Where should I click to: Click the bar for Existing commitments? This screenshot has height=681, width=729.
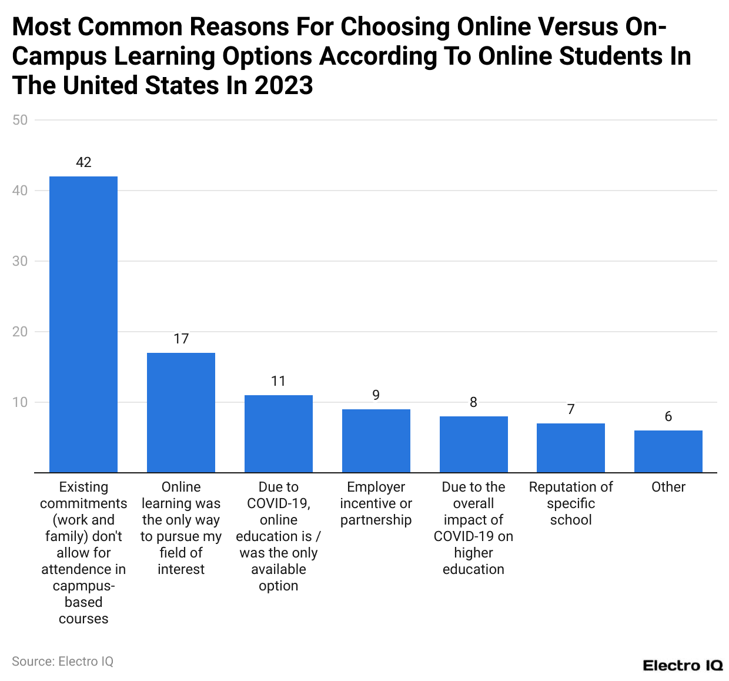point(83,324)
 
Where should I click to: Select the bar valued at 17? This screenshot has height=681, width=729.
point(181,412)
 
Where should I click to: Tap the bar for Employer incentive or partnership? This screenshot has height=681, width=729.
point(376,440)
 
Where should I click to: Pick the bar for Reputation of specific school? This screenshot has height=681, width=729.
point(571,448)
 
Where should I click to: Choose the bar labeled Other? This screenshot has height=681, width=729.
point(668,451)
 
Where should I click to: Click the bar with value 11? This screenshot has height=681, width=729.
point(279,433)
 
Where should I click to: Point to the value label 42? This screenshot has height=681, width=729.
point(83,162)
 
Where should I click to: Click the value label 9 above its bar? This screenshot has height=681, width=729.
point(376,395)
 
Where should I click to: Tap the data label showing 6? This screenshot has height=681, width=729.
point(668,416)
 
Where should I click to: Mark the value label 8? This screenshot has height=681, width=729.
point(473,402)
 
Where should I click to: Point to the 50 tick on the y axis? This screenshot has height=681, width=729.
point(20,120)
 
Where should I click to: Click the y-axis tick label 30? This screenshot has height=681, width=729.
point(20,261)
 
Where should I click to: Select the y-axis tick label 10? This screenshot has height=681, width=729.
point(20,402)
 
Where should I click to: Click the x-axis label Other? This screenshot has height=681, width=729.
point(668,487)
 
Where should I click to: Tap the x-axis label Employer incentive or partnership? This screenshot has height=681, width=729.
point(376,503)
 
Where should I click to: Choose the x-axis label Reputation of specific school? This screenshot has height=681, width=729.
point(571,503)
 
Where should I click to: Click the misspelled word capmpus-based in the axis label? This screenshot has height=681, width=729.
point(83,594)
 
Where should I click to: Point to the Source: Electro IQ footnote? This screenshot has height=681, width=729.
point(62,662)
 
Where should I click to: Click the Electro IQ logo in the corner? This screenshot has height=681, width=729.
point(683,666)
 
